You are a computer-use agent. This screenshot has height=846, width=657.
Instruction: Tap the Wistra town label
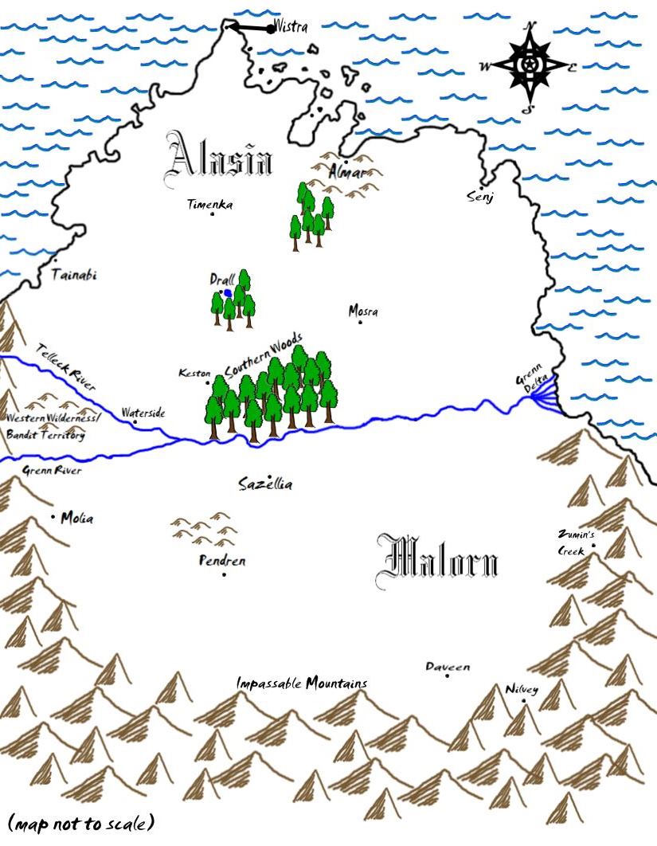(291, 25)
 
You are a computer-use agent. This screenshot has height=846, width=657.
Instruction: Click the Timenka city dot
(212, 214)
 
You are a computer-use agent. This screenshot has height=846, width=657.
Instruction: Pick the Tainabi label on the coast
(73, 276)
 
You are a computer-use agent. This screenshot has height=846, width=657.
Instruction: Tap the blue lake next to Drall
(229, 293)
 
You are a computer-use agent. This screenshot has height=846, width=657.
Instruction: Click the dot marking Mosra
(360, 322)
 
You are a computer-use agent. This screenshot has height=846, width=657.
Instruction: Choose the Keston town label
(194, 373)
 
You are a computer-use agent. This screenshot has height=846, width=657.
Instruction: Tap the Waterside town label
(143, 413)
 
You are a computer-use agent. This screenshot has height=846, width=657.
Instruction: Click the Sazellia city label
(266, 484)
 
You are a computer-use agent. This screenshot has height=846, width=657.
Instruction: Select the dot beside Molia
(54, 517)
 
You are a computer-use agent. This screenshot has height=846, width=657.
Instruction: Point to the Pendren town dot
(224, 574)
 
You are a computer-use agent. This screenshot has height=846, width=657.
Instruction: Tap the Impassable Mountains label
(302, 683)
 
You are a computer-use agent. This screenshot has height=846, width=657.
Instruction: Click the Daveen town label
(448, 667)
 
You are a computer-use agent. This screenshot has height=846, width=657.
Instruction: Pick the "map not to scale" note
(80, 823)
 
